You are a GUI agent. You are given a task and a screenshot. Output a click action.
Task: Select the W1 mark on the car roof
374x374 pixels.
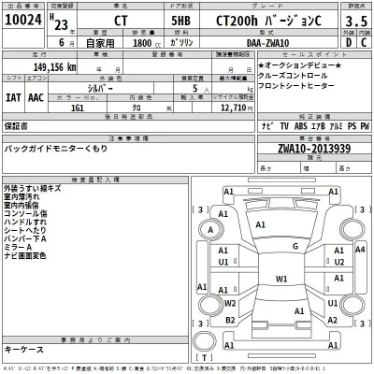pos(280,279)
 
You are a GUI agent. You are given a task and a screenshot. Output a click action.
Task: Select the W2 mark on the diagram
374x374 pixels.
pos(230,302)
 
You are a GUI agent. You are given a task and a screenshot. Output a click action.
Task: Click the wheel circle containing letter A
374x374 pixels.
pos(213,230)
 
